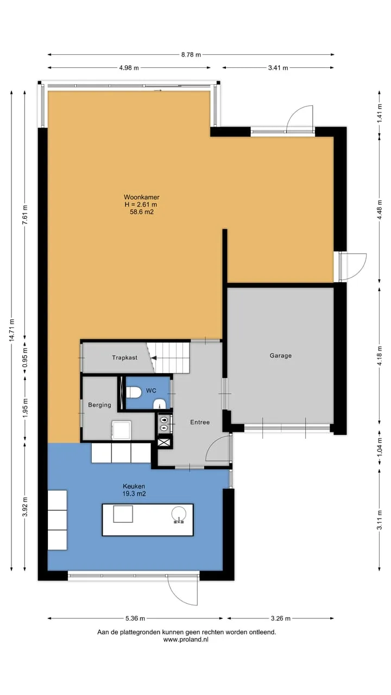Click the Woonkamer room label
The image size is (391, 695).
[x=142, y=197]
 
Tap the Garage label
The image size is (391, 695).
[x=281, y=356]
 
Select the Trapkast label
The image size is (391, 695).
[x=125, y=357]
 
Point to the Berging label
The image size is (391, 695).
[x=99, y=405]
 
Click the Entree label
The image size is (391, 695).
[x=200, y=422]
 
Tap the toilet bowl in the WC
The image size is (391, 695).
[x=134, y=392]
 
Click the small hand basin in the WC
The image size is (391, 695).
[x=160, y=404]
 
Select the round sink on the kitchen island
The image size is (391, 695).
[x=179, y=514]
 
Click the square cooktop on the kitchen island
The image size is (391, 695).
[x=123, y=514]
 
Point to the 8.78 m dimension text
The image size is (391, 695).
[x=191, y=55]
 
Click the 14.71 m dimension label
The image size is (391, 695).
[x=11, y=330]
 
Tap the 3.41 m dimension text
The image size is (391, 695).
[x=278, y=68]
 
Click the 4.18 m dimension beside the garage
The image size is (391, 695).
[x=379, y=355]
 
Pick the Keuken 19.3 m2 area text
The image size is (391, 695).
[x=134, y=490]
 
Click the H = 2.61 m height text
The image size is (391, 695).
[x=141, y=205]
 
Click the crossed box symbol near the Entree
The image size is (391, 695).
[x=165, y=442]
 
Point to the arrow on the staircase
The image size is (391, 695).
[x=154, y=358]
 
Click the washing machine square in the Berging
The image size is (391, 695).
[x=122, y=430]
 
